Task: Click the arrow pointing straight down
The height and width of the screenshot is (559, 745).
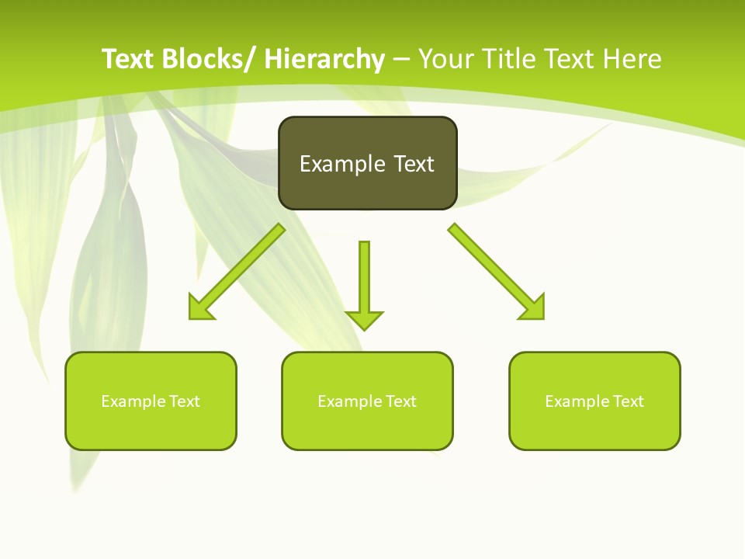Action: click(364, 283)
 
